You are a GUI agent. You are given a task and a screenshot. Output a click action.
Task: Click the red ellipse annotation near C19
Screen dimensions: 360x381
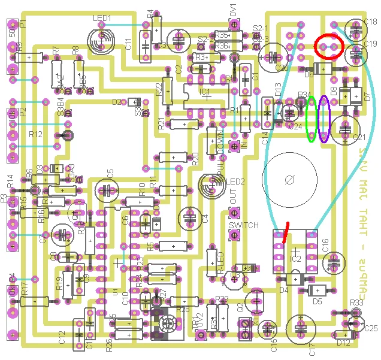pos(329,46)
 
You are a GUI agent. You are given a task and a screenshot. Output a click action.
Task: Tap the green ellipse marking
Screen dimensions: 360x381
pos(312,119)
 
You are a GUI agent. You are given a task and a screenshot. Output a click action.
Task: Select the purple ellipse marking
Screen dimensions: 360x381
pos(325,119)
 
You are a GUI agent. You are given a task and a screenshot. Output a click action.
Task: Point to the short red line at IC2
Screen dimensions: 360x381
pos(286,231)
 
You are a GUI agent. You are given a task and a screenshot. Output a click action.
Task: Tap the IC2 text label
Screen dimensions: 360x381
pos(295,259)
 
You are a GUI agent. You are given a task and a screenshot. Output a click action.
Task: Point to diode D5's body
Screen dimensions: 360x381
pos(317,290)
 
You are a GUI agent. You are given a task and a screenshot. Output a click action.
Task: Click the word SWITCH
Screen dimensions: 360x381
pos(244,225)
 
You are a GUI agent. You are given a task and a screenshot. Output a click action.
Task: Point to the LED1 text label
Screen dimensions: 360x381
pos(102,19)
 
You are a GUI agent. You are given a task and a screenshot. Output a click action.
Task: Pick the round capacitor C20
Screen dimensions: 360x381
pos(273,57)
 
